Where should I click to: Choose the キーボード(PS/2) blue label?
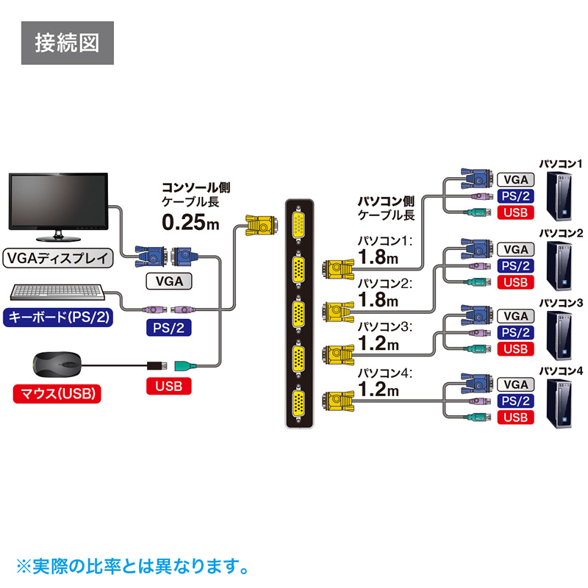click(59, 318)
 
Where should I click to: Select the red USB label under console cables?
click(169, 385)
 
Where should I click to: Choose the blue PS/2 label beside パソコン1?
click(516, 196)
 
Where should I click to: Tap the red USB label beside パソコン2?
click(516, 282)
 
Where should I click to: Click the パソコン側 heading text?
click(386, 200)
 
